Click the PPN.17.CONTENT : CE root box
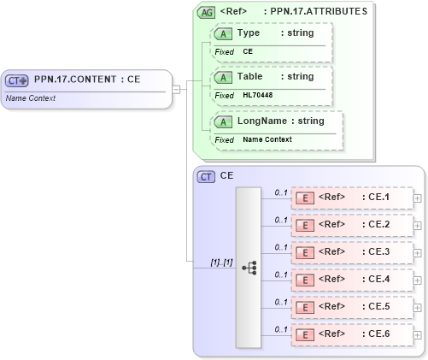85,80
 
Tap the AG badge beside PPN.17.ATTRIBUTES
206,12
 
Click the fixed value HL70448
257,94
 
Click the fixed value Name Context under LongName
267,139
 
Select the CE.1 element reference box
351,198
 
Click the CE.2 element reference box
351,225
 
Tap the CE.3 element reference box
351,252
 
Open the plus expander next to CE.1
417,198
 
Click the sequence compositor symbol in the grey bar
249,268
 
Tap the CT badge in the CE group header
206,176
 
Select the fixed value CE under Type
248,51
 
